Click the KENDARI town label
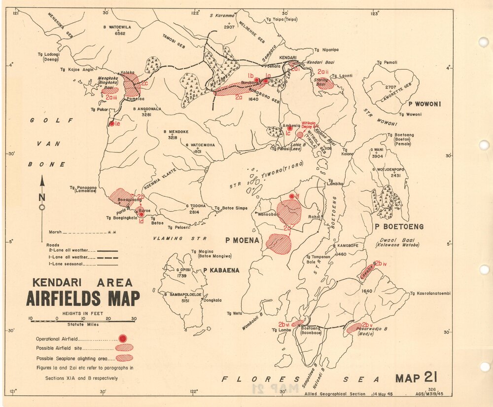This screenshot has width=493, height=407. pyautogui.click(x=288, y=58)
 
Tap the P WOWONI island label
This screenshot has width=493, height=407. pyautogui.click(x=424, y=104)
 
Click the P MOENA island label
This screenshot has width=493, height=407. pyautogui.click(x=242, y=240)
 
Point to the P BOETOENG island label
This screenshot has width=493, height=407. pyautogui.click(x=399, y=226)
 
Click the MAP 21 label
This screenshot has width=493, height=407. pyautogui.click(x=416, y=378)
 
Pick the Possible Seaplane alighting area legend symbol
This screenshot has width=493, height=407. pyautogui.click(x=124, y=358)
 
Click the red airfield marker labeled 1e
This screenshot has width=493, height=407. pyautogui.click(x=112, y=123)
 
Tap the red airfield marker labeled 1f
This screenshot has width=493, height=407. pyautogui.click(x=292, y=196)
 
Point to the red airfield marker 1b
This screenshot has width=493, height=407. pyautogui.click(x=256, y=79)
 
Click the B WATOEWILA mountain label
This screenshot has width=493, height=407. pyautogui.click(x=117, y=27)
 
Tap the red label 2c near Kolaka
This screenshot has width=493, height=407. pyautogui.click(x=144, y=83)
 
